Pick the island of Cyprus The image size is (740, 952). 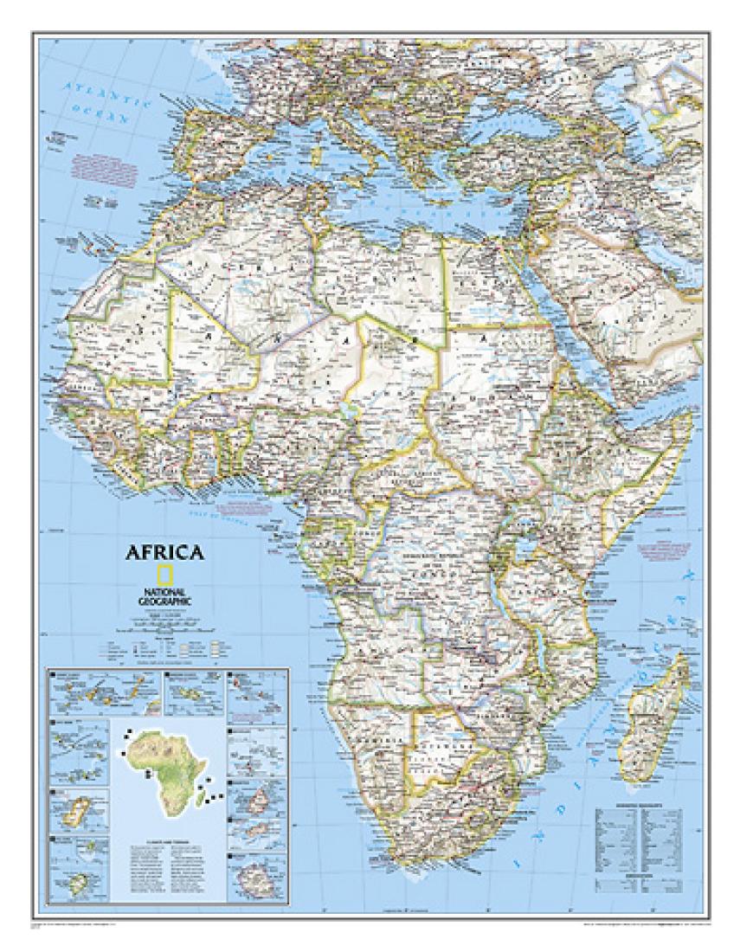point(497,203)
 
